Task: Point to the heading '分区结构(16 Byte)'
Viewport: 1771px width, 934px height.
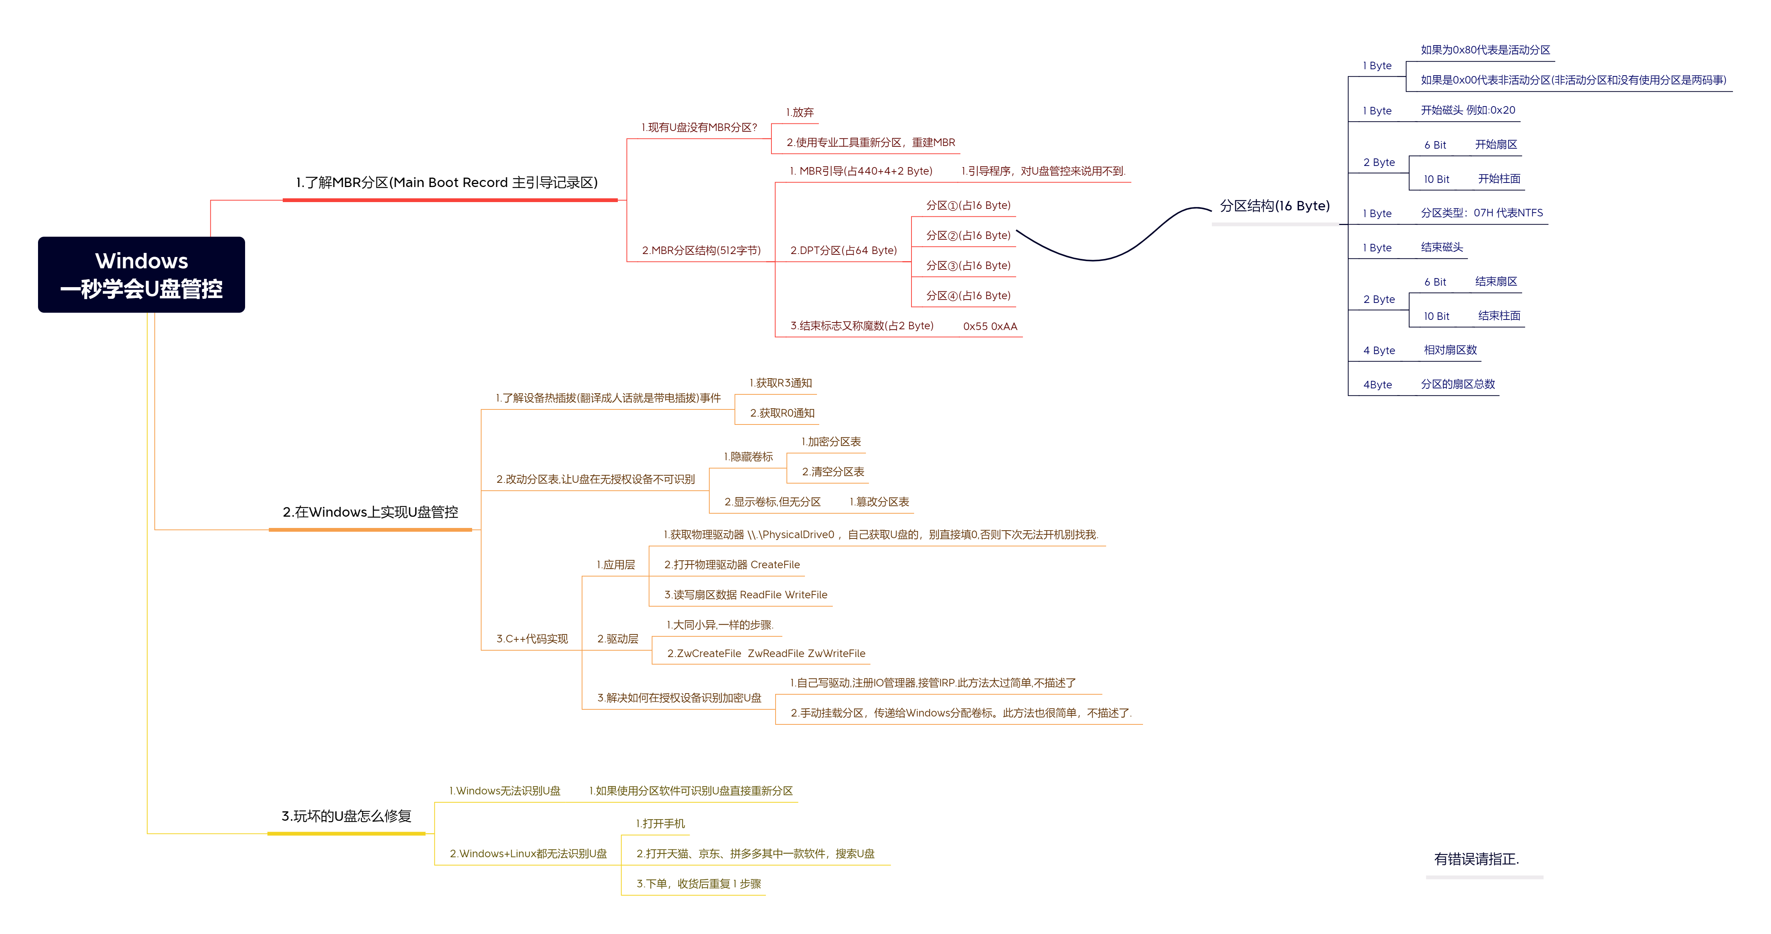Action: point(1274,205)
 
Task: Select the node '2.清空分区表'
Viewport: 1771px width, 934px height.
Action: point(832,472)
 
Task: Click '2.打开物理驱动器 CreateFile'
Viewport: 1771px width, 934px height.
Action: point(732,564)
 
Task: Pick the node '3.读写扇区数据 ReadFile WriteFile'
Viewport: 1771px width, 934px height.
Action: point(745,595)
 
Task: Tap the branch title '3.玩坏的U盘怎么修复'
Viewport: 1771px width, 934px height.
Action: point(346,816)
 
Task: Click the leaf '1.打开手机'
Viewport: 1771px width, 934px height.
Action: point(660,823)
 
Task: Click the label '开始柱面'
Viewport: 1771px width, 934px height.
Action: point(1499,179)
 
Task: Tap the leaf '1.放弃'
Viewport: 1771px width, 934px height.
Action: point(800,112)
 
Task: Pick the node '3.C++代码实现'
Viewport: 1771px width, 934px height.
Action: point(532,639)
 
